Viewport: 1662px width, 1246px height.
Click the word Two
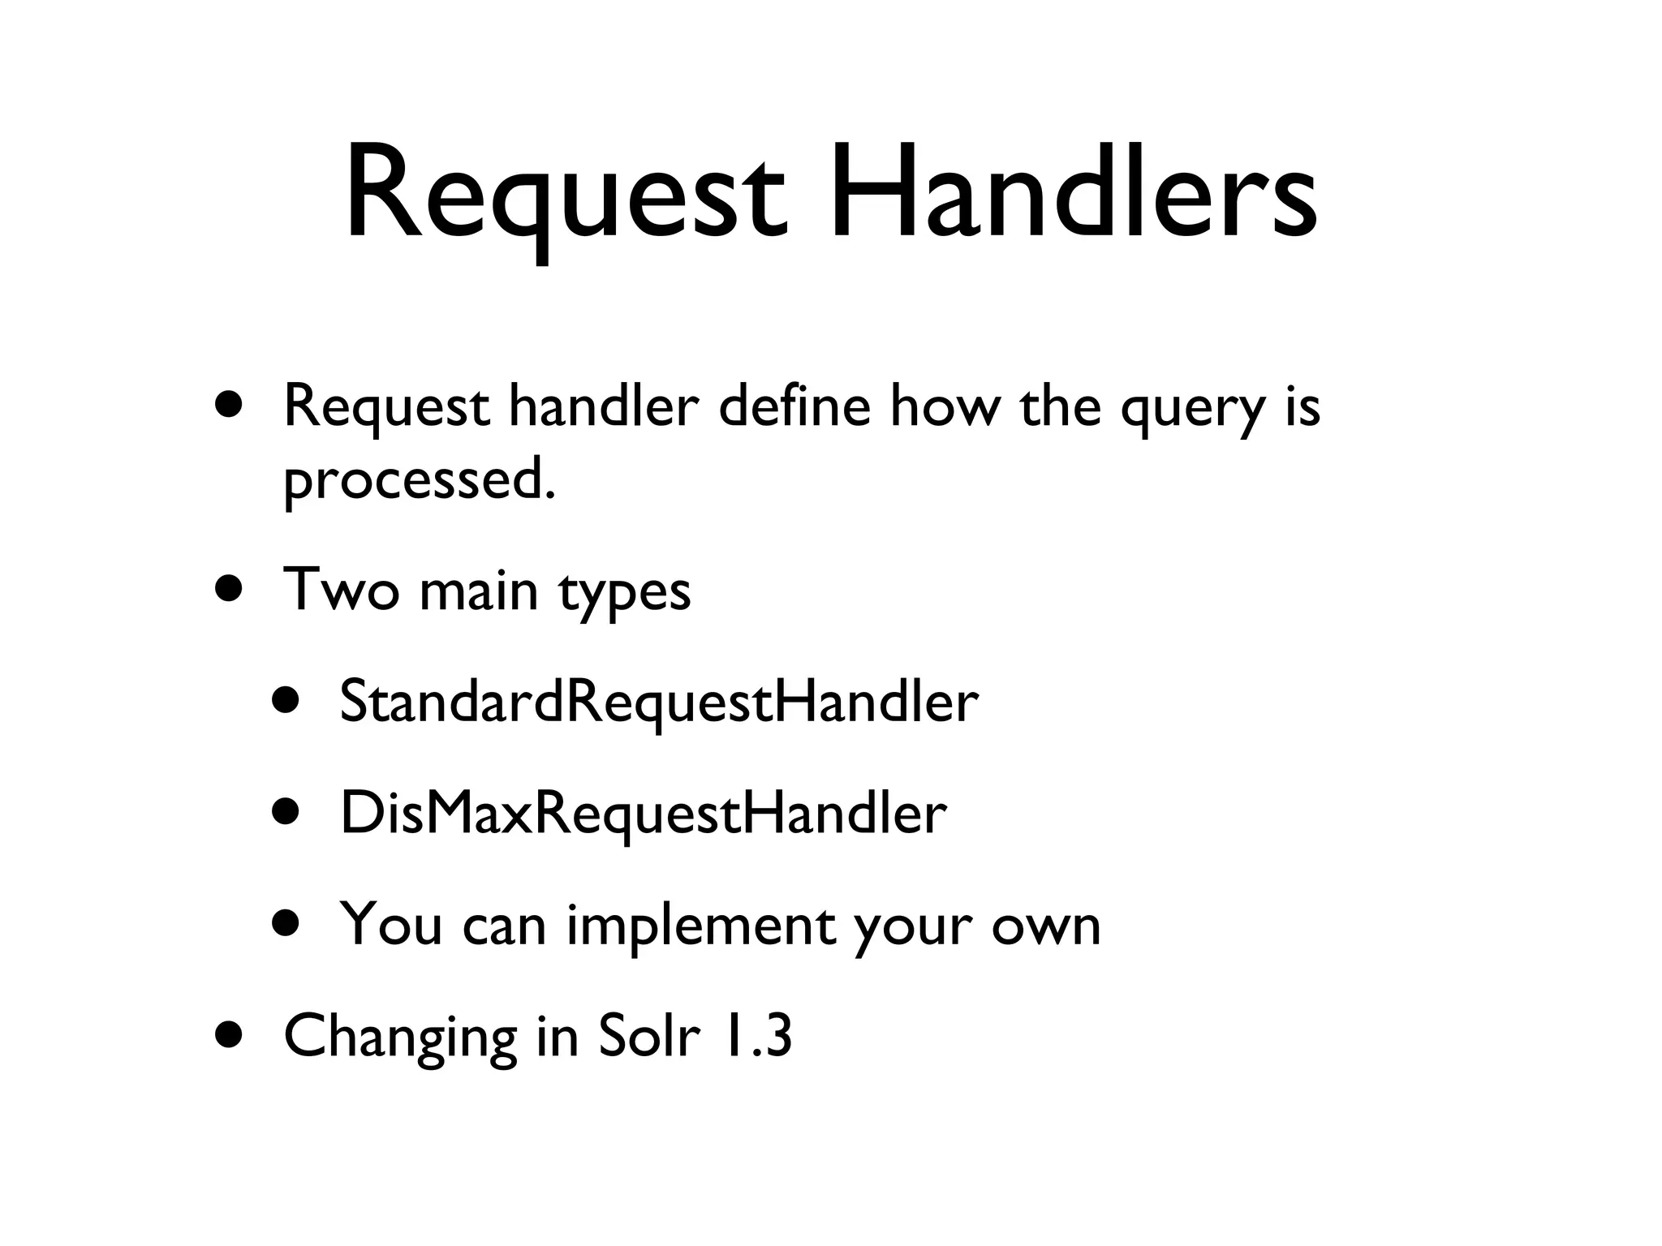[341, 590]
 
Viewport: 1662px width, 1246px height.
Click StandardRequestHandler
[659, 702]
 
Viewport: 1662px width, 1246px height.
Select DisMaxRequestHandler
[644, 813]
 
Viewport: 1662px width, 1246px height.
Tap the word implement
[700, 926]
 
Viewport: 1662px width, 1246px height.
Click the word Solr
[648, 1036]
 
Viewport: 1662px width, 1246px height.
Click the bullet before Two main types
[230, 588]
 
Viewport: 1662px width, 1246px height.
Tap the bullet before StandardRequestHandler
[286, 700]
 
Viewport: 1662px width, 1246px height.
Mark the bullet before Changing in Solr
[230, 1035]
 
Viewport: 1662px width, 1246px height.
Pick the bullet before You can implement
[286, 923]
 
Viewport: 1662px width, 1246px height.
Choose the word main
[479, 590]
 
